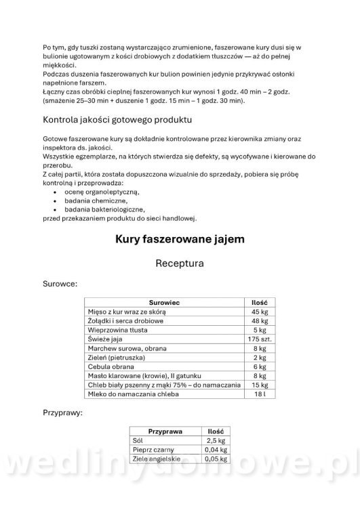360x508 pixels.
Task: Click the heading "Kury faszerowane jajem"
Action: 180,239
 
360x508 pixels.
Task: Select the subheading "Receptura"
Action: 180,263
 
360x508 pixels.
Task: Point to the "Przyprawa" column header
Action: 165,431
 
